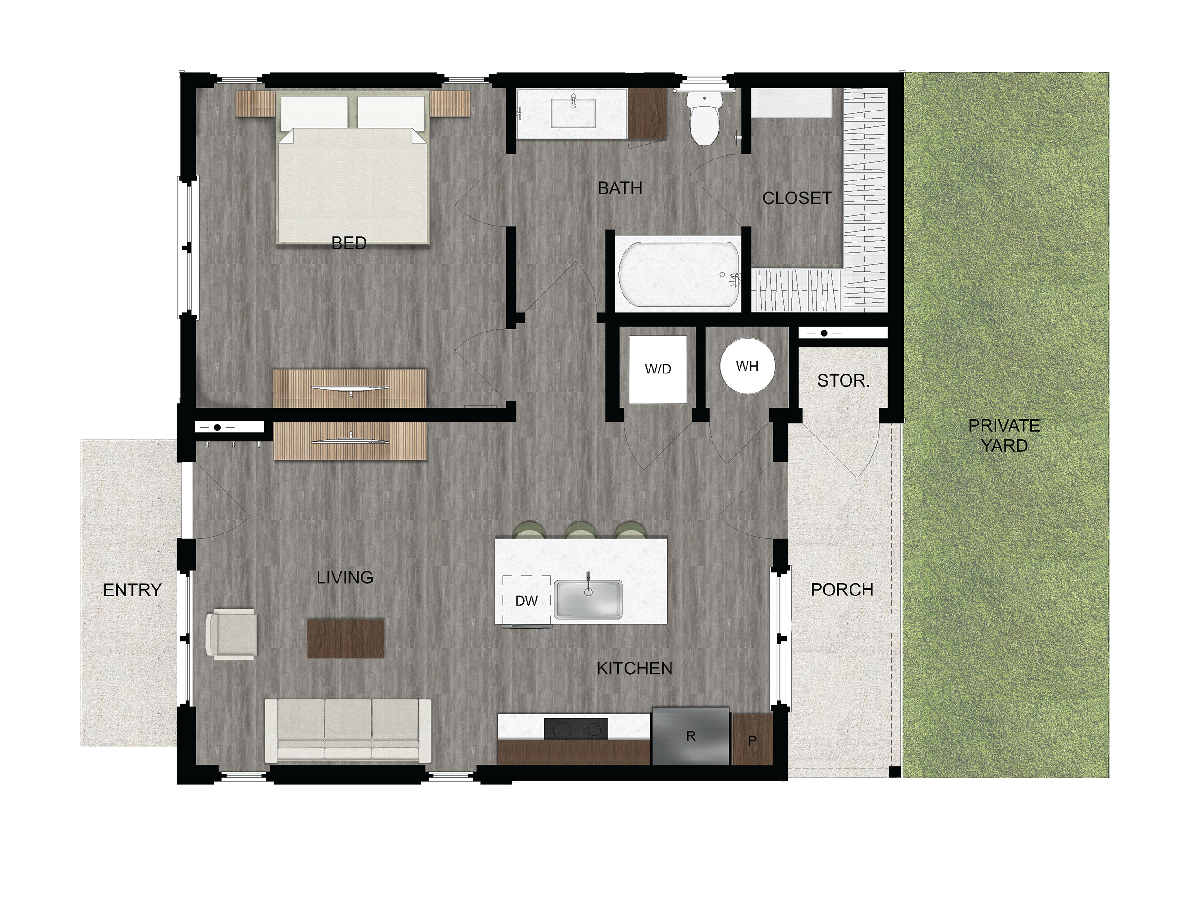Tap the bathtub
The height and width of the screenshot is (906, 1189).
coord(679,276)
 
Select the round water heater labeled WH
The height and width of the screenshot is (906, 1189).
coord(747,366)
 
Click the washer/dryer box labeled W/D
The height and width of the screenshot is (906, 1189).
coord(658,369)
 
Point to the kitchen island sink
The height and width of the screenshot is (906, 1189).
coord(588,599)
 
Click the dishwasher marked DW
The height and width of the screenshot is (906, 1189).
coord(526,601)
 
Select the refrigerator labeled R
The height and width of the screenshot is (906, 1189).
coord(691,736)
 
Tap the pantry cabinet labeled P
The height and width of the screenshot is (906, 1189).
coord(752,740)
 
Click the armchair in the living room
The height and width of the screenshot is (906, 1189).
coord(232,634)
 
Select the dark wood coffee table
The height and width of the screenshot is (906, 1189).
coord(346,638)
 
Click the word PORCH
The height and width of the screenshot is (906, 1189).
coord(842,590)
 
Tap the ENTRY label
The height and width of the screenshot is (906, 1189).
coord(132,590)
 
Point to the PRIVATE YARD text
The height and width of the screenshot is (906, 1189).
coord(1003,436)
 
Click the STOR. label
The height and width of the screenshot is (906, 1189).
coord(843,381)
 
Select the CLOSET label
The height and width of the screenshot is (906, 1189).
coord(796,199)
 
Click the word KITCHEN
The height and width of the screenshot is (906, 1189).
coord(635,669)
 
